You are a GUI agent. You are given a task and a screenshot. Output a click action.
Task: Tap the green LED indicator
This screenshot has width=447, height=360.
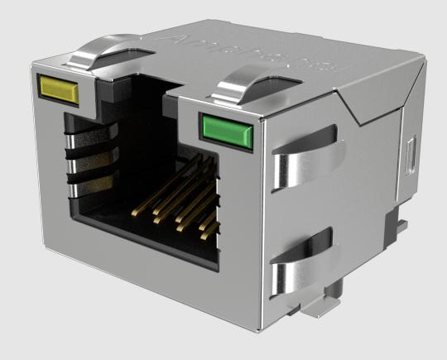click(223, 128)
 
